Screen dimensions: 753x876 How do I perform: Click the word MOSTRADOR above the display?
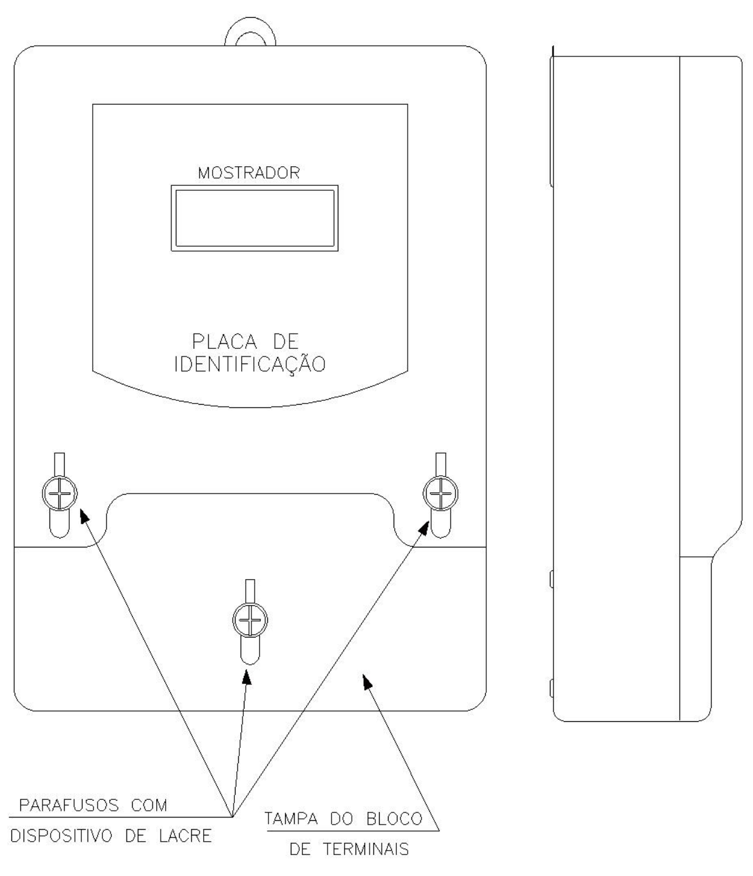click(x=249, y=173)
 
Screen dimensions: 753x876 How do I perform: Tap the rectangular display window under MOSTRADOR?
click(x=255, y=218)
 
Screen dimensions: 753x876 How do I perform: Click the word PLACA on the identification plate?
click(x=224, y=341)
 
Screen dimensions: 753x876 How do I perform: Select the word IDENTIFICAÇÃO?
click(x=250, y=363)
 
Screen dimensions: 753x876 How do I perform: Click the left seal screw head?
click(x=60, y=494)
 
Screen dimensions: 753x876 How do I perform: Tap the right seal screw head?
click(x=441, y=494)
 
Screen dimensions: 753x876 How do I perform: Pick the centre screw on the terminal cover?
click(x=250, y=620)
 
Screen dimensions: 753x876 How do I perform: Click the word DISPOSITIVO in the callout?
click(x=62, y=836)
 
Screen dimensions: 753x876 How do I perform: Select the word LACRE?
click(x=185, y=836)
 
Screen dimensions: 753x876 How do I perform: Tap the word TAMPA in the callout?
click(x=291, y=819)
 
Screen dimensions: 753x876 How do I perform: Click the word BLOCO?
click(x=394, y=819)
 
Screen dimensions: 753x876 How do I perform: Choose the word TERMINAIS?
click(x=366, y=849)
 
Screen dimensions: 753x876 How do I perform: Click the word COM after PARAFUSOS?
click(x=149, y=805)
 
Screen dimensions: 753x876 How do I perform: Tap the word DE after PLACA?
click(x=286, y=341)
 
